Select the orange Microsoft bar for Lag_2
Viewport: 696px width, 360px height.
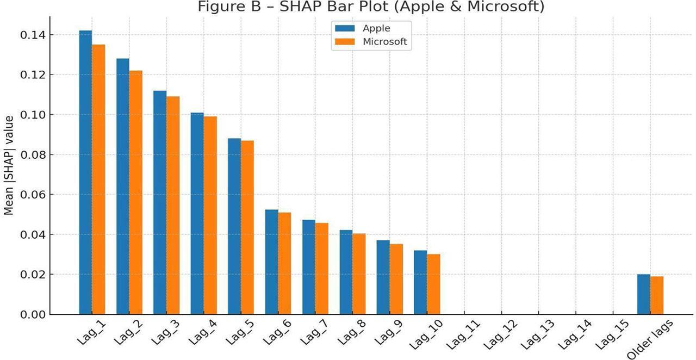click(135, 193)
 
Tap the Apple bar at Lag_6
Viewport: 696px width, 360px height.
click(271, 262)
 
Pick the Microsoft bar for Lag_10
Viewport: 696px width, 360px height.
click(433, 284)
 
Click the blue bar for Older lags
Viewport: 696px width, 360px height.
click(644, 294)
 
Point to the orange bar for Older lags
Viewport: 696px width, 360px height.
click(657, 295)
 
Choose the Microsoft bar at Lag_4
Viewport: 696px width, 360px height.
click(210, 215)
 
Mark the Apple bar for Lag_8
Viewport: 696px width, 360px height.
click(346, 272)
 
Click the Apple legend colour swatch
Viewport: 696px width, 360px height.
click(345, 28)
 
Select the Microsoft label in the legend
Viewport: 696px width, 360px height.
click(384, 42)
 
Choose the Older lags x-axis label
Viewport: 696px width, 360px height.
click(650, 339)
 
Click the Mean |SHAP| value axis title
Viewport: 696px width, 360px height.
click(9, 165)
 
